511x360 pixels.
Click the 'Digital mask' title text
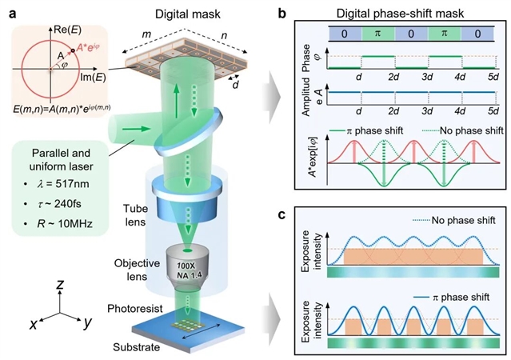188,14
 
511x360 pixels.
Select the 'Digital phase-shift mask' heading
400,14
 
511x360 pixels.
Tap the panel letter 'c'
282,215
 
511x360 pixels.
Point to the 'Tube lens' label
136,215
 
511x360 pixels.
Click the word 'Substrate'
136,347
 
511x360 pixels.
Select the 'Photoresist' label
135,309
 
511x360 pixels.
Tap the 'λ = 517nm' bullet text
63,184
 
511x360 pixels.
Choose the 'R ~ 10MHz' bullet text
65,224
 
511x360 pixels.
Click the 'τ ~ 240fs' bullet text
59,204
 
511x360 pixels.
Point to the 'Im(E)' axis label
94,78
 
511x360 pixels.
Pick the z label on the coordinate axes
60,285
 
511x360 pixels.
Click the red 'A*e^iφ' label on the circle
88,48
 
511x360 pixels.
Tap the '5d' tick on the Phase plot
493,77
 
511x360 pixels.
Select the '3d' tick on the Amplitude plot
427,111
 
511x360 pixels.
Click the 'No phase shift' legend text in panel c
464,220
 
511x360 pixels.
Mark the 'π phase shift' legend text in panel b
374,130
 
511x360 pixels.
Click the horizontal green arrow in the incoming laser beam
137,129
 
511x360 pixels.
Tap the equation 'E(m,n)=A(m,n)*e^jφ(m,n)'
62,110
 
